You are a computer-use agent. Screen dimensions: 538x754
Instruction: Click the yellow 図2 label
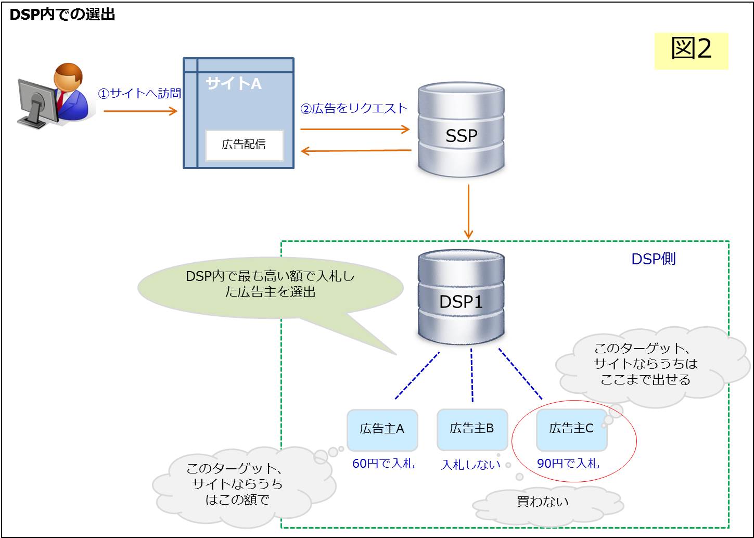(691, 50)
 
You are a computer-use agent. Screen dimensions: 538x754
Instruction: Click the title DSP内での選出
(62, 15)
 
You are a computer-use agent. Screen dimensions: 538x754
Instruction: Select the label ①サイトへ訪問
(139, 94)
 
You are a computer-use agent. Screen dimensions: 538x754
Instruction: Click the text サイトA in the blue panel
(233, 83)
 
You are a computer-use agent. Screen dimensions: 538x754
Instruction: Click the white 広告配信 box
(244, 145)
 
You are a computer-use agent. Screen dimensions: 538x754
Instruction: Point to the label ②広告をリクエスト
(354, 109)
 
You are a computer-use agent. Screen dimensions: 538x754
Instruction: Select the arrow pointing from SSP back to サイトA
(356, 151)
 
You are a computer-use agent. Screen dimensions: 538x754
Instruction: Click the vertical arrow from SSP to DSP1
(468, 211)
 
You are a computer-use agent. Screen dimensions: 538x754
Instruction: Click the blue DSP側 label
(653, 259)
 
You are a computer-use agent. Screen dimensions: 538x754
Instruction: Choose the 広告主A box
(382, 429)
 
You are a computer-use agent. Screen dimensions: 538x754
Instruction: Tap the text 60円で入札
(383, 464)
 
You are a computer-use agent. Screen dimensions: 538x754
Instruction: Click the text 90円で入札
(568, 464)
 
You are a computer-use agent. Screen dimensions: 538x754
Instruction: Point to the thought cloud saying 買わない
(543, 502)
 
